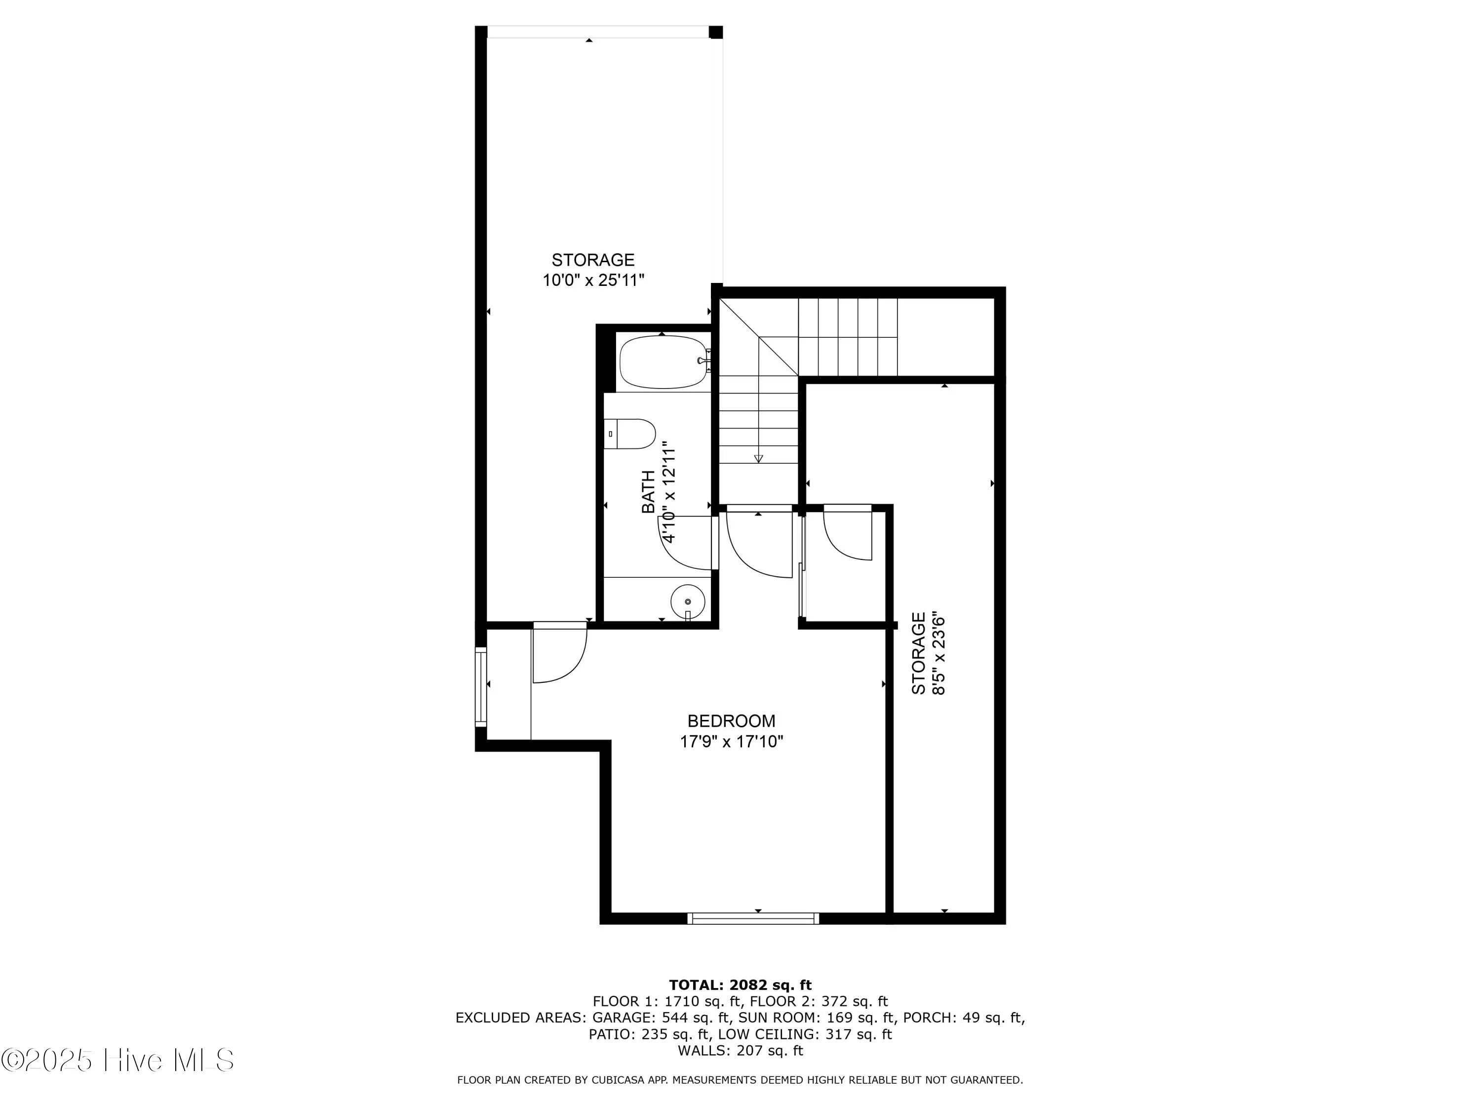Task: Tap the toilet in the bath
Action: (x=629, y=434)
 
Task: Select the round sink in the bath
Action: (x=688, y=601)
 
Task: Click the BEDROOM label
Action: (x=731, y=721)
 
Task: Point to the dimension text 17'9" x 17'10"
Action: (x=731, y=741)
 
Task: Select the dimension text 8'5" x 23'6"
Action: (x=938, y=653)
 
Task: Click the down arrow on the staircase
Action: (x=759, y=458)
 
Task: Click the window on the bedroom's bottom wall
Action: (x=753, y=918)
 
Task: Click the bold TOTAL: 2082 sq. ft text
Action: (x=740, y=985)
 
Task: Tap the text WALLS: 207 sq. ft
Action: (x=740, y=1051)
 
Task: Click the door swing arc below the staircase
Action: (x=760, y=546)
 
